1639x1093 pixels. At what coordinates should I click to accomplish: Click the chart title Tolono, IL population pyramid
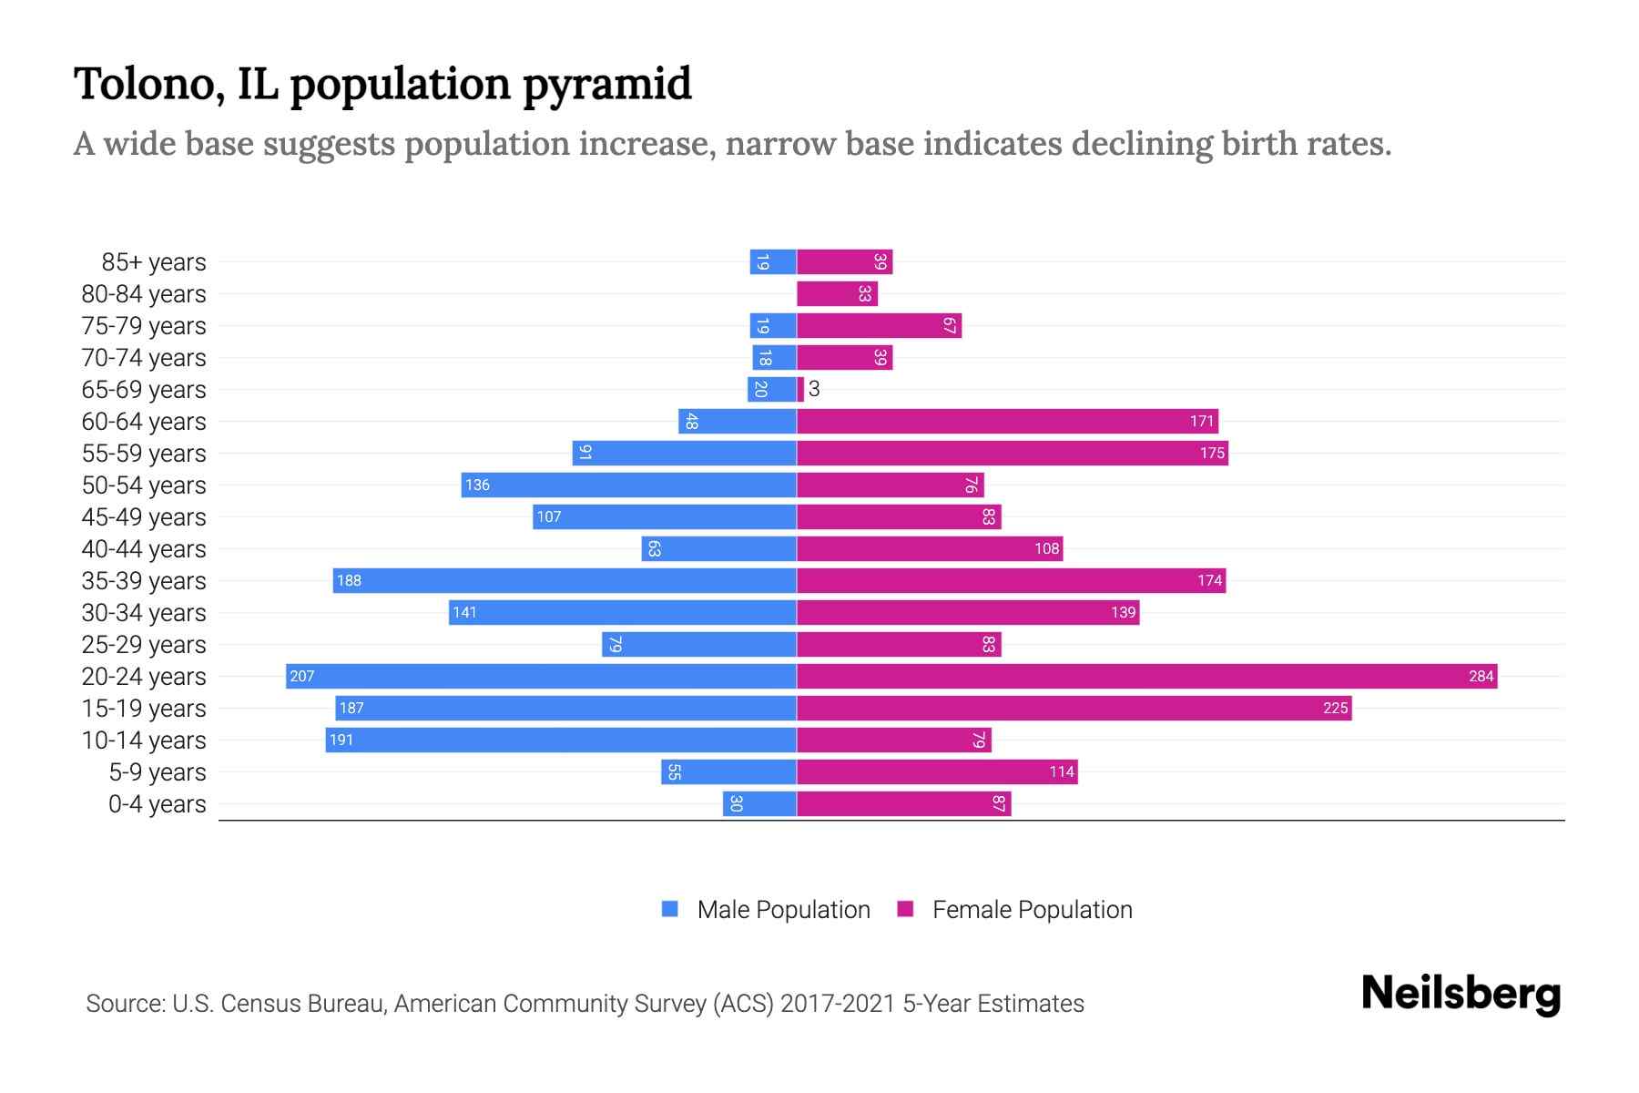click(382, 84)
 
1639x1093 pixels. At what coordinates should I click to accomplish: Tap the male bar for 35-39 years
click(565, 580)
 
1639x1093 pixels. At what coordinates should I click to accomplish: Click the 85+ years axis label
click(154, 262)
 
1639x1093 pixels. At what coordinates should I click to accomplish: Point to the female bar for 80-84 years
click(837, 294)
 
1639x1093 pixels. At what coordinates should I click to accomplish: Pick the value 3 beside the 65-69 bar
click(814, 390)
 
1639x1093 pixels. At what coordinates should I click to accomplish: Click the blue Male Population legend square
click(670, 909)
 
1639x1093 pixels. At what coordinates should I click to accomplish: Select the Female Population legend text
click(1032, 910)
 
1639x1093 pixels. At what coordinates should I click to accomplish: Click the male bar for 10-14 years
click(561, 740)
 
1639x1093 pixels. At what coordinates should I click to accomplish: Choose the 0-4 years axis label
click(158, 804)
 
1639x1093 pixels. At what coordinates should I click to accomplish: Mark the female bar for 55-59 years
click(1012, 453)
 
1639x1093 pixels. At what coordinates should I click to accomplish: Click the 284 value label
click(1481, 676)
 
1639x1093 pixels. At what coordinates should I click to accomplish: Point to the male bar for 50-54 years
click(628, 485)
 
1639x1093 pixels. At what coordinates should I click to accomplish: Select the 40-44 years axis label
click(144, 549)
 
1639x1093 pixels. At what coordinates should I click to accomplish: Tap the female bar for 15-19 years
click(1074, 708)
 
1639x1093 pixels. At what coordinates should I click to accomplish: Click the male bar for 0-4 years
click(759, 803)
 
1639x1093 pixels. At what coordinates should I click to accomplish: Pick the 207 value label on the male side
click(302, 676)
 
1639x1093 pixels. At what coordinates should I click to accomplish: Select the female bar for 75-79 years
click(879, 326)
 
